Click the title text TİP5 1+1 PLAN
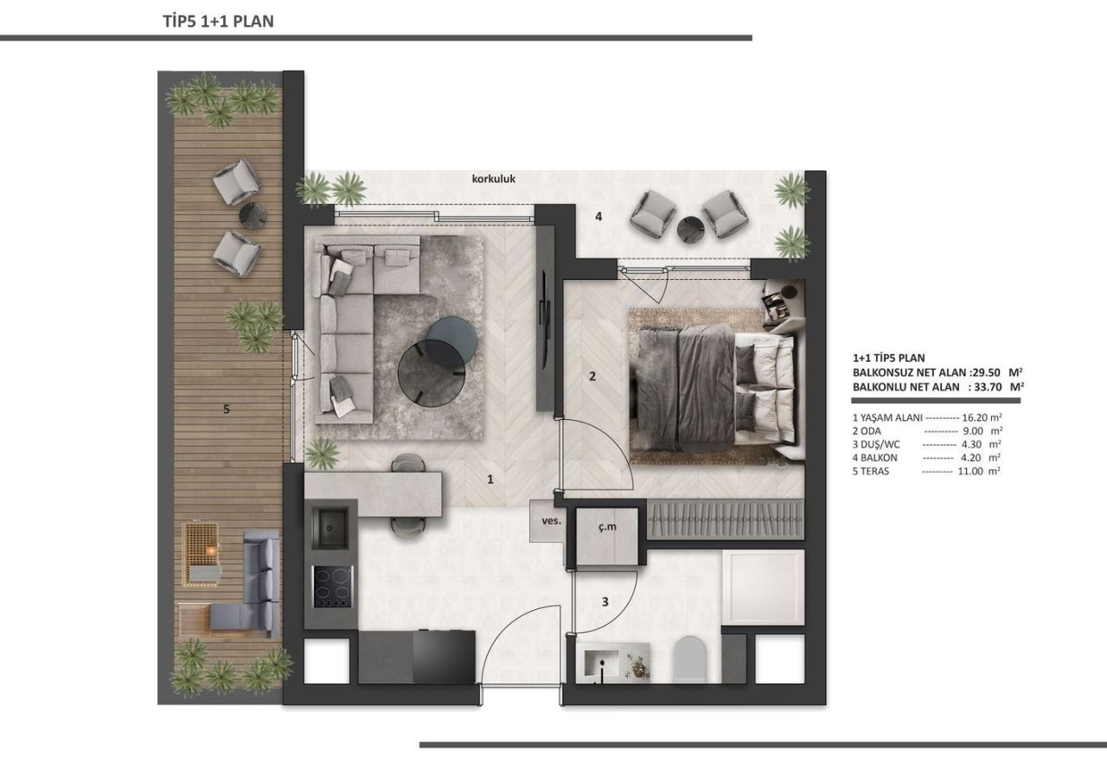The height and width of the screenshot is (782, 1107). click(x=218, y=22)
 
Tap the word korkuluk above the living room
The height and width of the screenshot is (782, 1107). click(x=494, y=180)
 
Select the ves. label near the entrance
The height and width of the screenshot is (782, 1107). click(x=551, y=521)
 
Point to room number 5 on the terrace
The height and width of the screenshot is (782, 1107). click(x=226, y=410)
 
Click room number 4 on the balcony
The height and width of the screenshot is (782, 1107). click(x=598, y=217)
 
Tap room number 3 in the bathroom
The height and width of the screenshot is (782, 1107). click(x=605, y=602)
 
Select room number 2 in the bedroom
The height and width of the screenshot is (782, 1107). click(x=592, y=376)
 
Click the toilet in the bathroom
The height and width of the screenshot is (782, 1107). click(x=690, y=660)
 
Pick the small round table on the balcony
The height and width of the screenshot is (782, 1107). click(x=691, y=230)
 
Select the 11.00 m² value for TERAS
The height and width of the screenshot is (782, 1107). click(x=977, y=472)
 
